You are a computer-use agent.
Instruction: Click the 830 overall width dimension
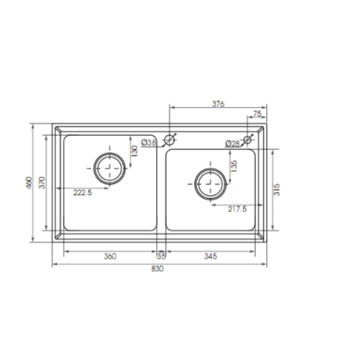[157, 268]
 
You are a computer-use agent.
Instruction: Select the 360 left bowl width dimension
[109, 256]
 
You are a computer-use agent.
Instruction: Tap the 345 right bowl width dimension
[210, 256]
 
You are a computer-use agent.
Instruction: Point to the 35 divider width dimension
[161, 256]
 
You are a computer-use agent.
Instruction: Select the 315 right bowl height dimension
[277, 189]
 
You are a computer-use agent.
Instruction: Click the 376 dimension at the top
[218, 103]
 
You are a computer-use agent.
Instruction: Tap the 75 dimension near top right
[257, 114]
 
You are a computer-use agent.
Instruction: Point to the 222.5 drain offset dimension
[82, 193]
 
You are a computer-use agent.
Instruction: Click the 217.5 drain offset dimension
[237, 209]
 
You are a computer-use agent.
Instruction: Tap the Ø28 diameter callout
[232, 143]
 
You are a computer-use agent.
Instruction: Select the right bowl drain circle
[209, 183]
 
